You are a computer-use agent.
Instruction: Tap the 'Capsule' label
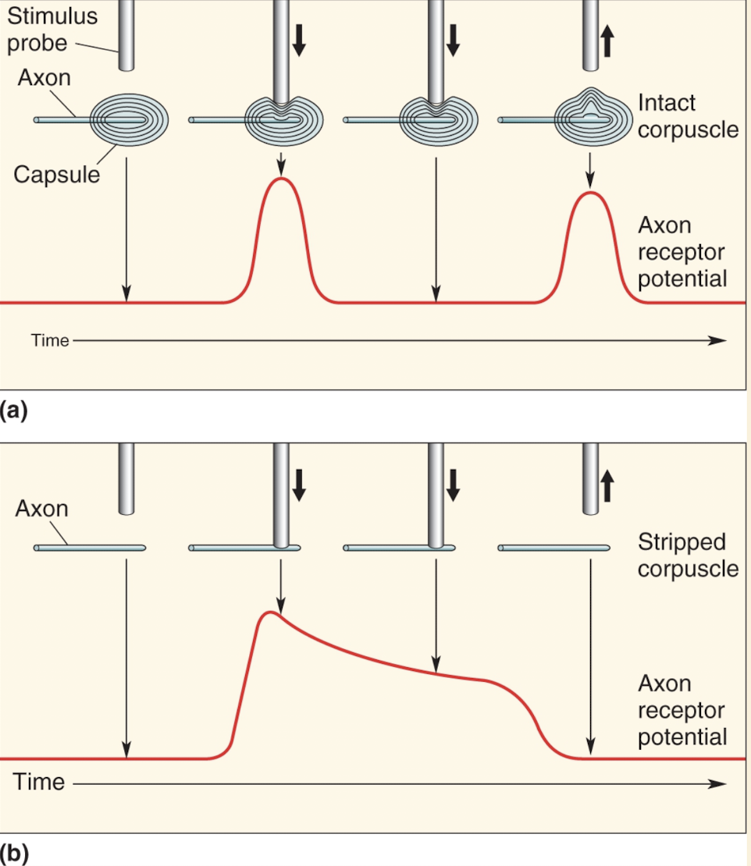(x=56, y=173)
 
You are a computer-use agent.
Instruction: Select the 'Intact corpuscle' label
(x=687, y=115)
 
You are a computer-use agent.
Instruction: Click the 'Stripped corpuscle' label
(x=687, y=554)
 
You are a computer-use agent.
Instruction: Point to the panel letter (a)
(x=14, y=410)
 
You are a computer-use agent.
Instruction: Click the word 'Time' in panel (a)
(x=50, y=340)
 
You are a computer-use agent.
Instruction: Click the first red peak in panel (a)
(x=282, y=180)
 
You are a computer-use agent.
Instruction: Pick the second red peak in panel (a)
(x=591, y=193)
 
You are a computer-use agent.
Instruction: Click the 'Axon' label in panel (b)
(x=41, y=509)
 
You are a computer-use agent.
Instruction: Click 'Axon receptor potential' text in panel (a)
(x=682, y=252)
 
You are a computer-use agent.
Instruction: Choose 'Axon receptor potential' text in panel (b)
(x=682, y=710)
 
